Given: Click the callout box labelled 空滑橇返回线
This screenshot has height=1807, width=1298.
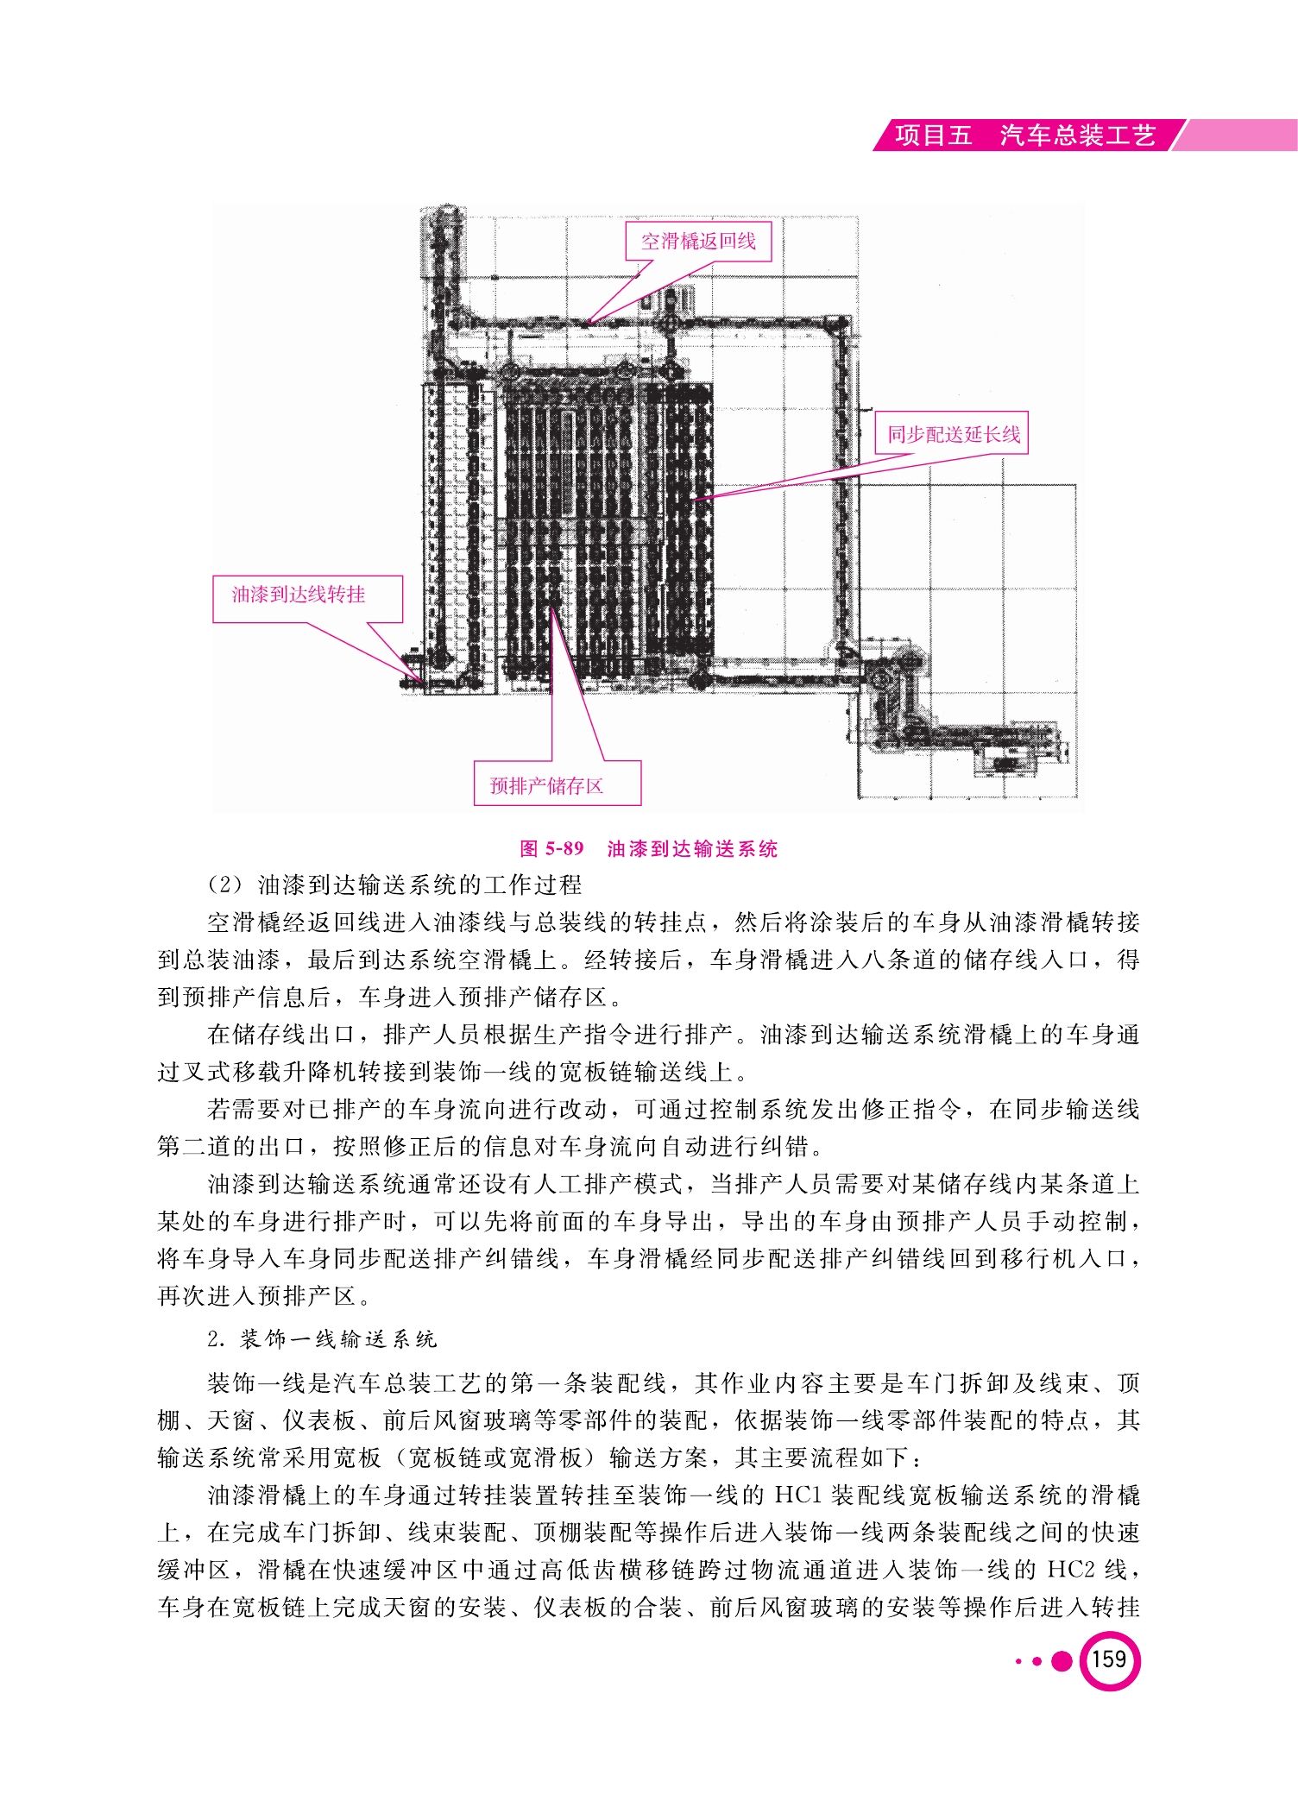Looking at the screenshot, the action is point(698,241).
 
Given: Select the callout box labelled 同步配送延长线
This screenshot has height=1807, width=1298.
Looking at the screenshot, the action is point(953,433).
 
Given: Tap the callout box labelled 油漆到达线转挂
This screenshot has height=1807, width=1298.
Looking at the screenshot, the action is point(308,599).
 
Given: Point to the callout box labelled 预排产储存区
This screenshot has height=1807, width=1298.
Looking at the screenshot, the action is point(558,784).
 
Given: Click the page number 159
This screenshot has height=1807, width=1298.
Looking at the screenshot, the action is point(1109,1659).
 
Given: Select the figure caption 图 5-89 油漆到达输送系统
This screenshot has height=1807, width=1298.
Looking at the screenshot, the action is point(649,849).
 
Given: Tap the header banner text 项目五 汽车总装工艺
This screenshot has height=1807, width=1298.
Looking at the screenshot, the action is point(1025,135).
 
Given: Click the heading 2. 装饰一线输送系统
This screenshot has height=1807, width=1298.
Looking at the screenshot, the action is point(323,1339).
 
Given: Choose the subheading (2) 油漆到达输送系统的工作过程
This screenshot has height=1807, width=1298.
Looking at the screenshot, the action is point(395,885).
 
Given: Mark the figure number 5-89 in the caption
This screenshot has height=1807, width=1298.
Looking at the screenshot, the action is point(564,849).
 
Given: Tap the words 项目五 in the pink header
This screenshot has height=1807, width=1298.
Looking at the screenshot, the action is point(934,135).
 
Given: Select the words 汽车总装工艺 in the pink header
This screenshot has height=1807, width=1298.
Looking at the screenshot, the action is point(1078,135).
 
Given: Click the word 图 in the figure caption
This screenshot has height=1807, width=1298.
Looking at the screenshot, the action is point(529,849).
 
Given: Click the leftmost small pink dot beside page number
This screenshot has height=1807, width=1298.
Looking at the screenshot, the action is point(1019,1661).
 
